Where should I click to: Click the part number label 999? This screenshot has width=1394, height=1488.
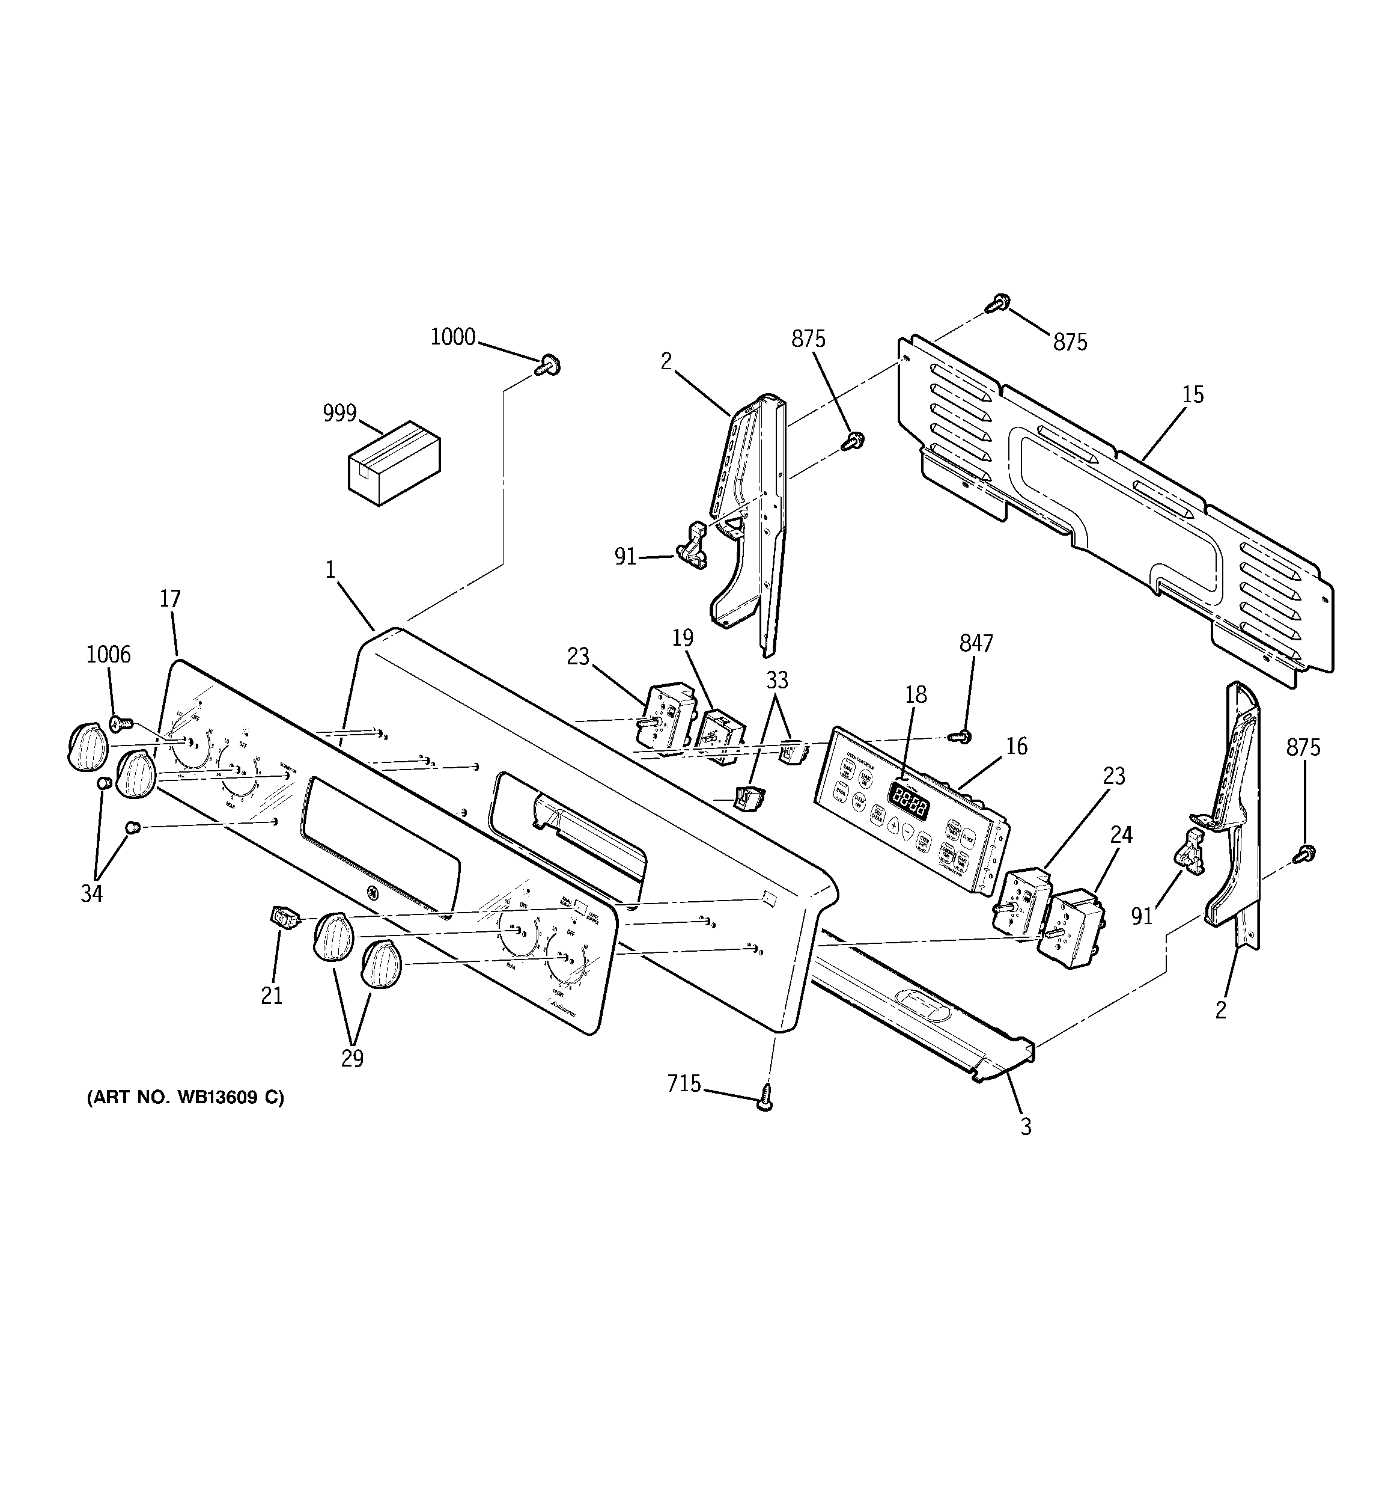339,413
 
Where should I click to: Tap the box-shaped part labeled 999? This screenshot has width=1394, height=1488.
394,462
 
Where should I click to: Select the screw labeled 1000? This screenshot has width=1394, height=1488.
549,366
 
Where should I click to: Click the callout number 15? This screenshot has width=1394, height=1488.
1193,394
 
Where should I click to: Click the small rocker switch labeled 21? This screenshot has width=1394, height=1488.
282,916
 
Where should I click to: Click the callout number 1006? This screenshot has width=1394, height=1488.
109,655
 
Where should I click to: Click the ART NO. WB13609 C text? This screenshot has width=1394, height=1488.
186,1098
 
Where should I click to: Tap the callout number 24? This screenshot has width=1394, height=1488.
1121,834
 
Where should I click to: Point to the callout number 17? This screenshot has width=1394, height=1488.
170,599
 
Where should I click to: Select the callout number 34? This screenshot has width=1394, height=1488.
92,893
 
